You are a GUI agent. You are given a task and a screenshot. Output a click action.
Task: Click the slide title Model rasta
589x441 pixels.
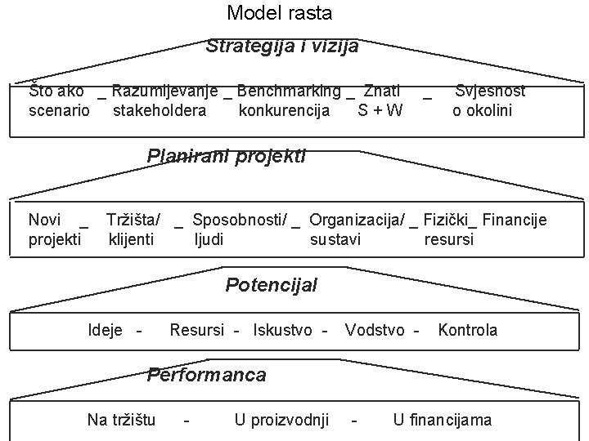tap(280, 13)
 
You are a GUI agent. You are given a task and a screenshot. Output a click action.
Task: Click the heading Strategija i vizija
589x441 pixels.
tap(282, 46)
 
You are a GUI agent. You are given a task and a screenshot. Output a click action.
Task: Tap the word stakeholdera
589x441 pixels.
tap(160, 110)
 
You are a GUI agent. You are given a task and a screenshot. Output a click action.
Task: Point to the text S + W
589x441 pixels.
tap(380, 110)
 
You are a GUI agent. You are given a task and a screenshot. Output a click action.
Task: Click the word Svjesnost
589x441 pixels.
tap(490, 91)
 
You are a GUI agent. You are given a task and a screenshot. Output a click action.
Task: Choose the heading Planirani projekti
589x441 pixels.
tap(226, 155)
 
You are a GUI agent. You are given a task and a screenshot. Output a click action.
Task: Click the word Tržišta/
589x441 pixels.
tap(133, 219)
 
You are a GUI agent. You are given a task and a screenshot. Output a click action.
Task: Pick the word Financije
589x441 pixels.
tap(515, 219)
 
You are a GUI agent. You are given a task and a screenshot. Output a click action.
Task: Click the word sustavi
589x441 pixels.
tap(335, 239)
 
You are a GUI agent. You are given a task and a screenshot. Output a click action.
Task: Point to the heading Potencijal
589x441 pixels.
tap(271, 285)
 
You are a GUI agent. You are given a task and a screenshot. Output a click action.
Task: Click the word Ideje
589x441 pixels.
tap(106, 330)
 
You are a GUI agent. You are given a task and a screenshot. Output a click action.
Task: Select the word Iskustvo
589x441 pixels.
tap(283, 330)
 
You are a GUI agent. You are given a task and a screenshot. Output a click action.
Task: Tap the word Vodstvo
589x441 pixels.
tap(375, 330)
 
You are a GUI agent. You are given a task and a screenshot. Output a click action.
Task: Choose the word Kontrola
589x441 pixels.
tap(468, 330)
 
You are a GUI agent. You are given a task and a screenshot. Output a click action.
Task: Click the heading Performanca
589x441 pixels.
tap(206, 375)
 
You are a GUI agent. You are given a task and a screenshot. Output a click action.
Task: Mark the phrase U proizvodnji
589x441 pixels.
tap(281, 420)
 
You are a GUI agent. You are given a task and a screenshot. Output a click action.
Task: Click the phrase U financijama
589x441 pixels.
tap(443, 420)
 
